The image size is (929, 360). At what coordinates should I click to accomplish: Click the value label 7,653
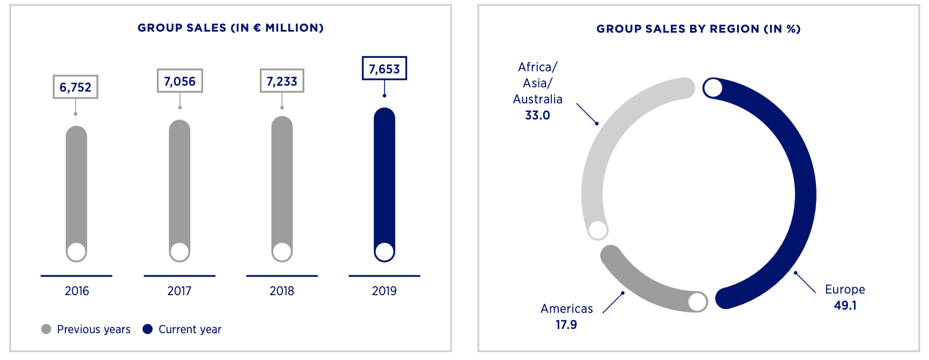(384, 69)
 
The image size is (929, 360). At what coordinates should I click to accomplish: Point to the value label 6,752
(76, 87)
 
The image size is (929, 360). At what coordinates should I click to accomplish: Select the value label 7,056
(179, 81)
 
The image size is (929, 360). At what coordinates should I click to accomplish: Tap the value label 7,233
(282, 81)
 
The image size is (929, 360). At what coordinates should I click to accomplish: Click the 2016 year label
(77, 291)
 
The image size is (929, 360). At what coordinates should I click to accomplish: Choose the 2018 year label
(282, 291)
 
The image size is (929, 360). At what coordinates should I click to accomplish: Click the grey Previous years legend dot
(46, 329)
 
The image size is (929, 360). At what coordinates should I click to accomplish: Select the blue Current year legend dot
(148, 329)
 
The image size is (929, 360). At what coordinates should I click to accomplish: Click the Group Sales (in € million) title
(230, 28)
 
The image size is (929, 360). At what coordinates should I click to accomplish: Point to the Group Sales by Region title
(698, 29)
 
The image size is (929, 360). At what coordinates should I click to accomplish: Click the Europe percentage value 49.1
(845, 305)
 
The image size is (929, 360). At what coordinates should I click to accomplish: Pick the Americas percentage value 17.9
(566, 325)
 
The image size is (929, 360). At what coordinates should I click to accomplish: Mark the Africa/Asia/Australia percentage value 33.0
(537, 115)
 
